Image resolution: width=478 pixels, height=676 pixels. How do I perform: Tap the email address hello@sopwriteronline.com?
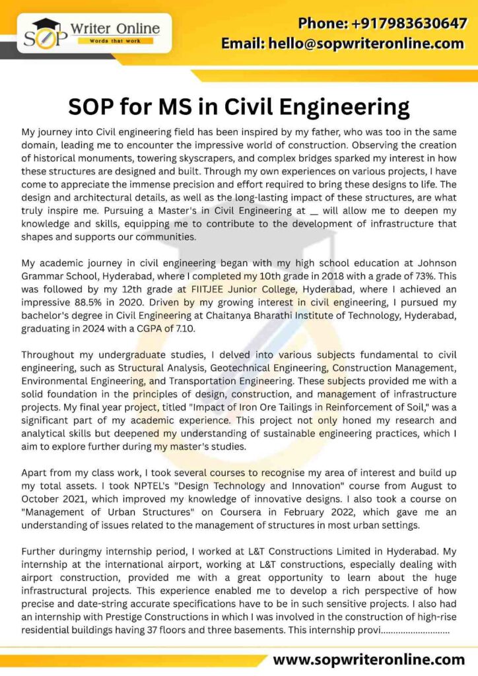coord(343,44)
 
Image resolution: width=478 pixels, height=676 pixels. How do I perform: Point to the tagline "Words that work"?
coord(115,41)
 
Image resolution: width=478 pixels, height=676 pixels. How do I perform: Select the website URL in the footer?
coord(369,659)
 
